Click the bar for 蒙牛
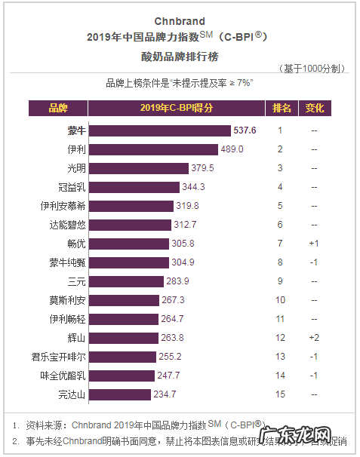pos(159,130)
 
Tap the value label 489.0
pos(232,149)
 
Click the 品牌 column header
pos(58,108)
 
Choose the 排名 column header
pos(282,108)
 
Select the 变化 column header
pos(315,108)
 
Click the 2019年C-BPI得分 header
pos(177,108)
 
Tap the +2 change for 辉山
pos(314,338)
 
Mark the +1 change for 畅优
pos(314,244)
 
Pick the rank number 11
pos(280,319)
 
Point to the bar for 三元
pos(126,281)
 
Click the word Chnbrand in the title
pos(180,21)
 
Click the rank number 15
pos(280,394)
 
